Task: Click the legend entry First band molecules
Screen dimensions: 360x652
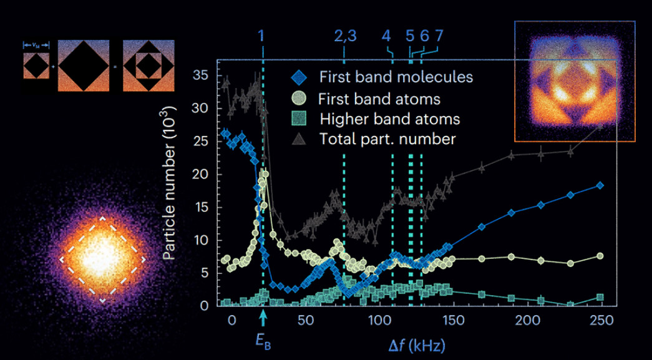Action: click(396, 77)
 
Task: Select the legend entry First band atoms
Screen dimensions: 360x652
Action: click(379, 99)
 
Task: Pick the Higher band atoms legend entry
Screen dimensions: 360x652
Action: click(389, 119)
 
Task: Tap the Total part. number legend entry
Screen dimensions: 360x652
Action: click(387, 139)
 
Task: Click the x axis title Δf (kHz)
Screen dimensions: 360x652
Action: click(414, 344)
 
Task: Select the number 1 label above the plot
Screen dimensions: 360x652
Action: click(261, 36)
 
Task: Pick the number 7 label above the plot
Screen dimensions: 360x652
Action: click(439, 36)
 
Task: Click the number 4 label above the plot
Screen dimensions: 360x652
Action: click(386, 36)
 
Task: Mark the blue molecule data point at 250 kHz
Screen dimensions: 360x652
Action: click(600, 185)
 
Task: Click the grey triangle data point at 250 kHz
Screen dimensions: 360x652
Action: click(600, 125)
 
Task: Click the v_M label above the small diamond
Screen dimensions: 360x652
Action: click(35, 44)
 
